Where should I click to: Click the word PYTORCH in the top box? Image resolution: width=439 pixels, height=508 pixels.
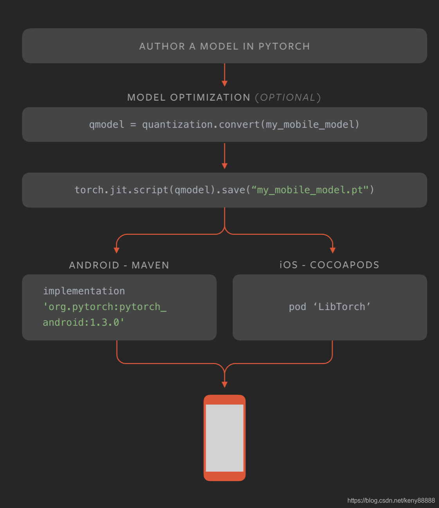click(x=284, y=46)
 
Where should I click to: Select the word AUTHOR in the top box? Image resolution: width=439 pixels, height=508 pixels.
click(x=162, y=46)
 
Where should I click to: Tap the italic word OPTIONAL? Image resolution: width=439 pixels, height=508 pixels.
click(x=288, y=97)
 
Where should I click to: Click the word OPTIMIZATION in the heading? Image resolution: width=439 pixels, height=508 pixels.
click(x=210, y=97)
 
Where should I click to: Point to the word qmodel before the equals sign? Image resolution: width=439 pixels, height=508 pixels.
click(x=106, y=125)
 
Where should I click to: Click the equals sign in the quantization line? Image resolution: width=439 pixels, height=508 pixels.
click(x=133, y=125)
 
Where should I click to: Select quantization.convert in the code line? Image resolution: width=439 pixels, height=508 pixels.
click(x=201, y=125)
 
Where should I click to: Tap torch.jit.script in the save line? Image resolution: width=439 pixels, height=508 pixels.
click(x=121, y=190)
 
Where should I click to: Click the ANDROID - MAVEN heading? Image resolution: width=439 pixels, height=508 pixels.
click(x=119, y=265)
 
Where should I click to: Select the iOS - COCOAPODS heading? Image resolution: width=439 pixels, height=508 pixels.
click(x=329, y=265)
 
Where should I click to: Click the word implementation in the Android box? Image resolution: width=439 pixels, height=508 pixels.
click(x=84, y=291)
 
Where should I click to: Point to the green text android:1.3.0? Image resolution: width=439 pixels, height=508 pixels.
click(x=83, y=322)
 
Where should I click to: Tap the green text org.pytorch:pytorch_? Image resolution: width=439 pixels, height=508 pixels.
click(x=104, y=307)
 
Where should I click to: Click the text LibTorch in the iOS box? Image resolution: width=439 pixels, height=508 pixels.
click(x=342, y=307)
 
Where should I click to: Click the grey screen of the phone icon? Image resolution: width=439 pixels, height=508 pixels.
click(x=225, y=438)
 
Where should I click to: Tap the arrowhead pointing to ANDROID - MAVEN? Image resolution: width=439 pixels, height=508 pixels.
click(x=117, y=250)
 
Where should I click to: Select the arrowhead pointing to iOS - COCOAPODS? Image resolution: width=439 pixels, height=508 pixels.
click(x=333, y=250)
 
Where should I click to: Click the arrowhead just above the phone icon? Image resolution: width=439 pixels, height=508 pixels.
click(x=225, y=385)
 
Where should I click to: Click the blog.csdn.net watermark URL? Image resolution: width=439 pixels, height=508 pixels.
click(x=391, y=501)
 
